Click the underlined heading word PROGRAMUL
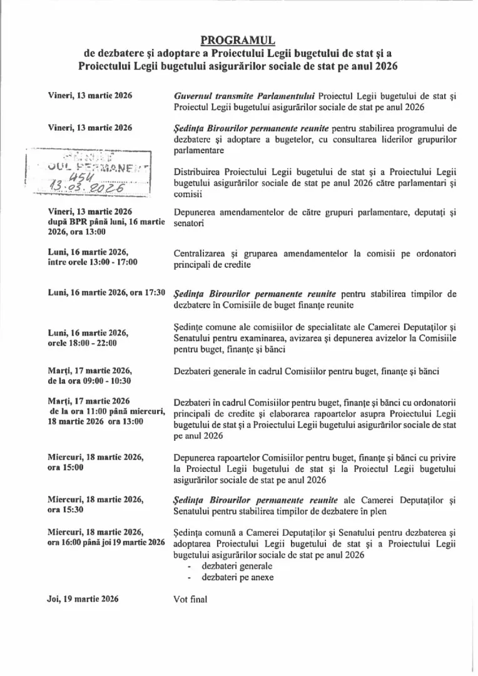[238, 41]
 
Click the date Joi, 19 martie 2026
[83, 599]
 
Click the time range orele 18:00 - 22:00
[82, 342]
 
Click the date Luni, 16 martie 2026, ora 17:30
[106, 292]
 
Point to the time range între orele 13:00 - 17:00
[93, 262]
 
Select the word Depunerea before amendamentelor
[195, 212]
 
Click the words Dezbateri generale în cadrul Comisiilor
[257, 371]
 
